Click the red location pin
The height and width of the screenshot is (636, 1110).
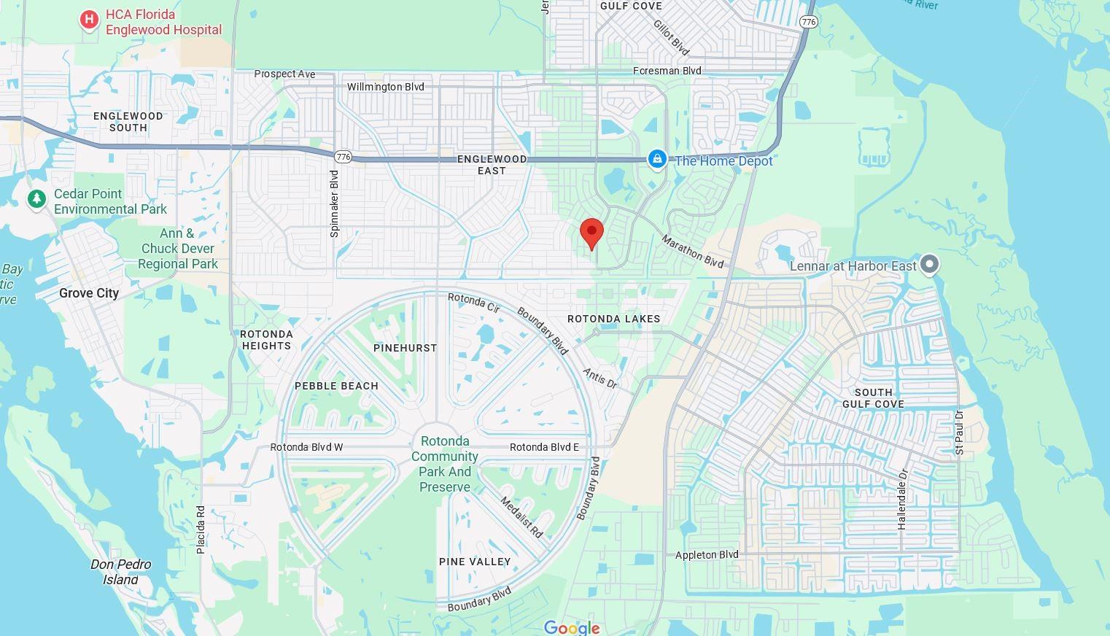591,233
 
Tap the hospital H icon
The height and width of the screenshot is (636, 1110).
89,20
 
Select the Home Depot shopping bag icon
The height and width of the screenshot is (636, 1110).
657,160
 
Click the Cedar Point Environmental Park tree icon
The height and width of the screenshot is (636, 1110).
36,198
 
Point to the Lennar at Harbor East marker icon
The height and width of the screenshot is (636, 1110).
929,264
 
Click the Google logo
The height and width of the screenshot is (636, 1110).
572,627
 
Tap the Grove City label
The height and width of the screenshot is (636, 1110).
89,293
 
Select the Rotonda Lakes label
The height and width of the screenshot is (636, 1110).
613,319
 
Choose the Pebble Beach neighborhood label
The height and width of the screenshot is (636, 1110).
336,386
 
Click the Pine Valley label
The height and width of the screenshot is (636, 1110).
475,562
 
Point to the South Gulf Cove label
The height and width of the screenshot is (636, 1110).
873,398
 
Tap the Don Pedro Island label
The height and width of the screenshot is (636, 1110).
121,572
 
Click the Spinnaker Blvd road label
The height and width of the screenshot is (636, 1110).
335,203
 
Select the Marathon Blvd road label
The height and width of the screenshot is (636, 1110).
693,250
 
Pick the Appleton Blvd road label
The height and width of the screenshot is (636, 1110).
707,555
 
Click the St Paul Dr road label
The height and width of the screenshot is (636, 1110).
959,433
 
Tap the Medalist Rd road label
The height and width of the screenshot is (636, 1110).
521,517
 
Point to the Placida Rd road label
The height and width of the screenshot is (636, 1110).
201,530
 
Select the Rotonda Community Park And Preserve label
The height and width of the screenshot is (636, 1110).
445,464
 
